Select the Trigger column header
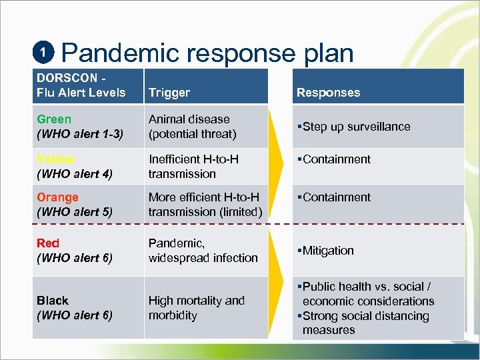click(169, 93)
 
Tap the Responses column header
click(328, 93)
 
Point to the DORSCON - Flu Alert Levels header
click(81, 85)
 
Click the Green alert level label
click(54, 119)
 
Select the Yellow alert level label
click(55, 159)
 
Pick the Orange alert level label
click(57, 197)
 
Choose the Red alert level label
click(48, 243)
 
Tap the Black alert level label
click(53, 301)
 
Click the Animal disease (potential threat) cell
click(193, 127)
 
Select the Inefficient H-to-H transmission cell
click(193, 167)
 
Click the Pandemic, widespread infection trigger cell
click(203, 251)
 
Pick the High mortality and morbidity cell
click(196, 308)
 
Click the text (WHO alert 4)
click(74, 174)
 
